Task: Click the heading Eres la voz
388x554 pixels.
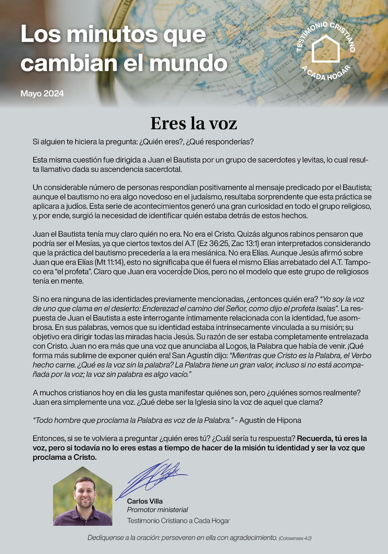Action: tap(194, 124)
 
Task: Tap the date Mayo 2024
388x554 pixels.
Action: tap(42, 94)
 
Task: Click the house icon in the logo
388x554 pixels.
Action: tap(326, 49)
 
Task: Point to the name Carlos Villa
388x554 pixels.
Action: tap(145, 501)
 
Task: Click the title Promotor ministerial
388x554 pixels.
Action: tap(157, 510)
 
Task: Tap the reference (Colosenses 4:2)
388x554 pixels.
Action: tap(295, 538)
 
